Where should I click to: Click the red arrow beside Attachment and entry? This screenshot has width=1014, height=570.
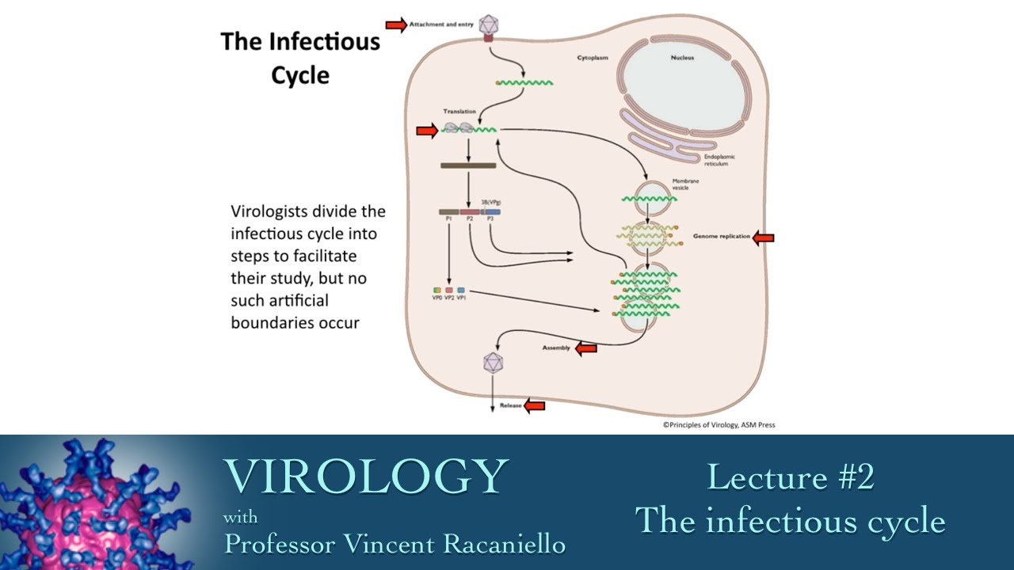coord(395,25)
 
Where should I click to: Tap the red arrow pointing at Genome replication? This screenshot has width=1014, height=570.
coord(763,237)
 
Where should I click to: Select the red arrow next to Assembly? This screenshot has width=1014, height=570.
coord(585,348)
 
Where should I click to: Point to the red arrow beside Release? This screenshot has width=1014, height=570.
coord(535,406)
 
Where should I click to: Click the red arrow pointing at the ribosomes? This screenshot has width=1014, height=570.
coord(426,131)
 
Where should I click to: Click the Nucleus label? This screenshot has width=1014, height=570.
coord(682,58)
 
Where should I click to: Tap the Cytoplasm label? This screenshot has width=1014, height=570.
coord(593,59)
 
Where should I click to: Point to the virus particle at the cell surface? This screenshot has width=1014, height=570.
coord(487,24)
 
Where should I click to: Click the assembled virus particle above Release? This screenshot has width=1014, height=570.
coord(494,363)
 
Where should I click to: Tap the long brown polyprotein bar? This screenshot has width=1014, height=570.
coord(468,165)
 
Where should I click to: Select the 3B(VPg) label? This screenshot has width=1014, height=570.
coord(491,202)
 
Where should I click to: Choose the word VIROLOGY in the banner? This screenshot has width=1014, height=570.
coord(365,477)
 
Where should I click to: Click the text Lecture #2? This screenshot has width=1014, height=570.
coord(790,477)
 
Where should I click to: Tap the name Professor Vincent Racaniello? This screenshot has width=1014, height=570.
coord(395,544)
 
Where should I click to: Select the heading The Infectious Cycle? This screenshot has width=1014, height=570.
coord(300,58)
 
